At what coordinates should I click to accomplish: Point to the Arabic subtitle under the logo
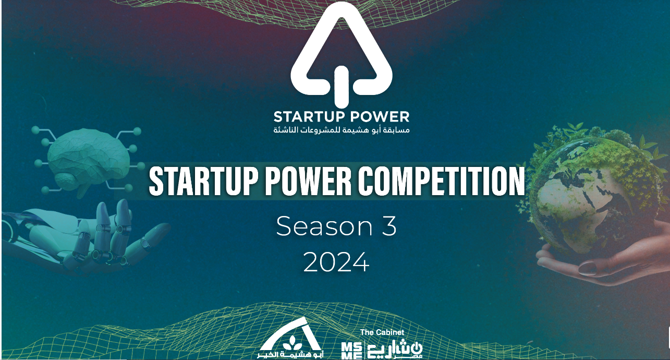pyautogui.click(x=342, y=130)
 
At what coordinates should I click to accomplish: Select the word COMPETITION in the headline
pyautogui.click(x=442, y=181)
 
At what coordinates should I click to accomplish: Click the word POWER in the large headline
pyautogui.click(x=308, y=181)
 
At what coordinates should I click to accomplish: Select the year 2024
pyautogui.click(x=336, y=262)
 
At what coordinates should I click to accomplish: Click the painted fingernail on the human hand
pyautogui.click(x=588, y=268)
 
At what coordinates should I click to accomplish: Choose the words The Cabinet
pyautogui.click(x=382, y=332)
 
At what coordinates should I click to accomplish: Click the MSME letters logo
pyautogui.click(x=352, y=351)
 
